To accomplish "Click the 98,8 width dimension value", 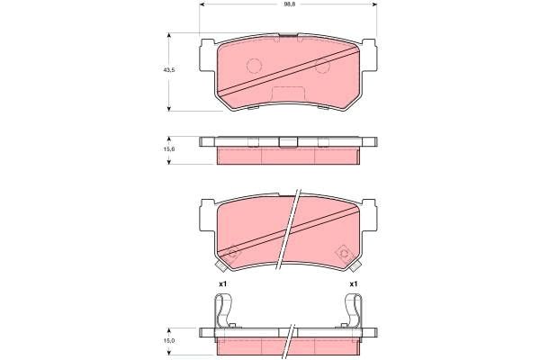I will pyautogui.click(x=289, y=6).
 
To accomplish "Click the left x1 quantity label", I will pyautogui.click(x=221, y=284).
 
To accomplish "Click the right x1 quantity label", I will pyautogui.click(x=354, y=284).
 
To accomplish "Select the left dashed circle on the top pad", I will pyautogui.click(x=254, y=65).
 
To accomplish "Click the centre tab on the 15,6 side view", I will pyautogui.click(x=288, y=140).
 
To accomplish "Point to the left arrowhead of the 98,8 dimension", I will pyautogui.click(x=202, y=6).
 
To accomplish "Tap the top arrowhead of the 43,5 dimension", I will pyautogui.click(x=169, y=36).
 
